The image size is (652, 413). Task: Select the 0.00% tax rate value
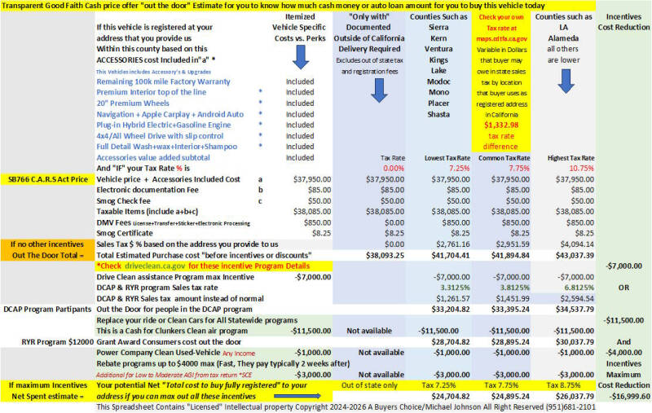point(394,167)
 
